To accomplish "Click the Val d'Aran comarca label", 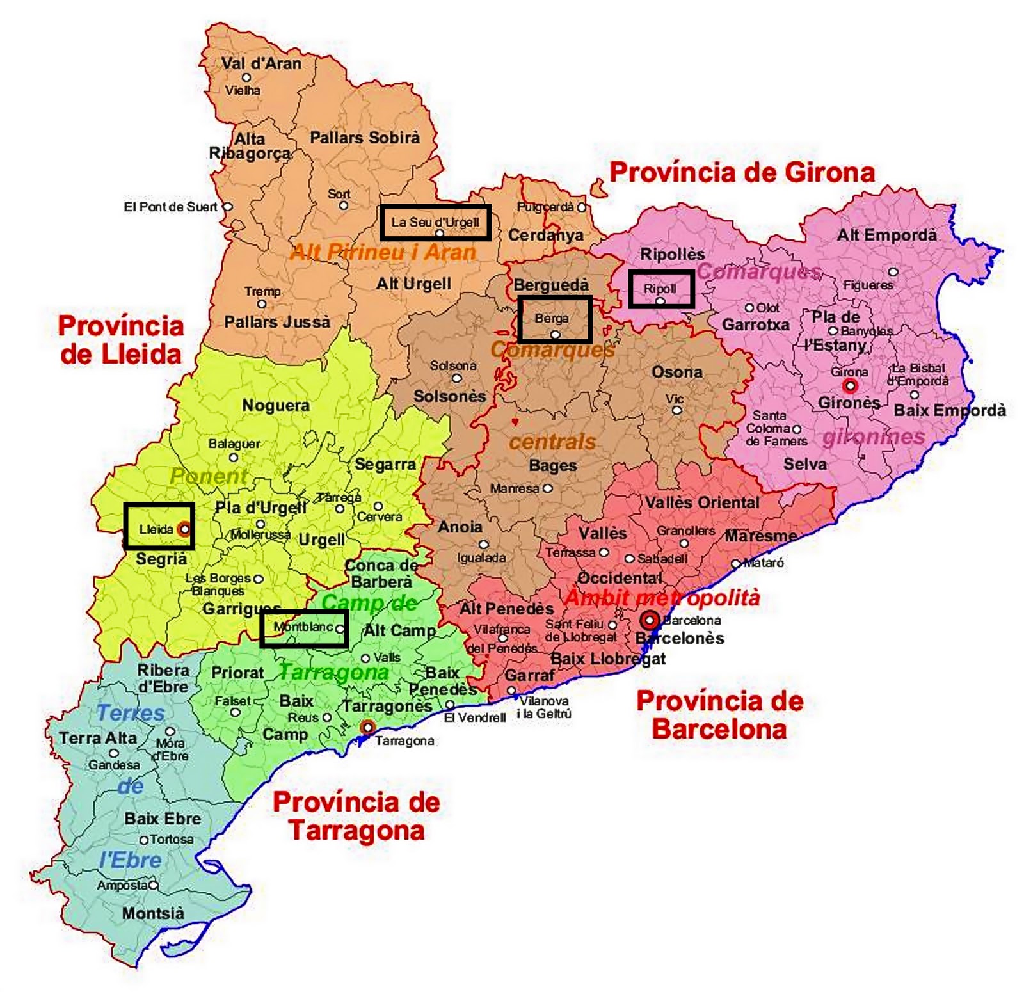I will point(260,63).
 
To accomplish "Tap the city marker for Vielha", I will point(246,77).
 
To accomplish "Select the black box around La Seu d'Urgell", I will point(435,222).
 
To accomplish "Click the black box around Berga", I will point(554,319).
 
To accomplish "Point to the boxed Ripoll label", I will point(660,289).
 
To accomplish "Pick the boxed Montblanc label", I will point(304,628).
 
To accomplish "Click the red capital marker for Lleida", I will point(184,529).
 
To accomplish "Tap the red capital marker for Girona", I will point(850,385).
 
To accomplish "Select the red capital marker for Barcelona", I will point(650,620).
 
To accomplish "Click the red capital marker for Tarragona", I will point(367,727).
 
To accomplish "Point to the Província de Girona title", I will point(741,172).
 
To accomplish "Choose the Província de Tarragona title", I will point(356,816).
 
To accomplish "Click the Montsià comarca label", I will point(153,913).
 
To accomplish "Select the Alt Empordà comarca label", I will point(886,235).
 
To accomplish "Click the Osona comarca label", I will point(676,372).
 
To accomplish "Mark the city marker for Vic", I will point(676,410).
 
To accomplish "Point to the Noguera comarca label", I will point(276,405).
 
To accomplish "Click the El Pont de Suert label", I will point(170,207).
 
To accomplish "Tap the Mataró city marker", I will point(736,563).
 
